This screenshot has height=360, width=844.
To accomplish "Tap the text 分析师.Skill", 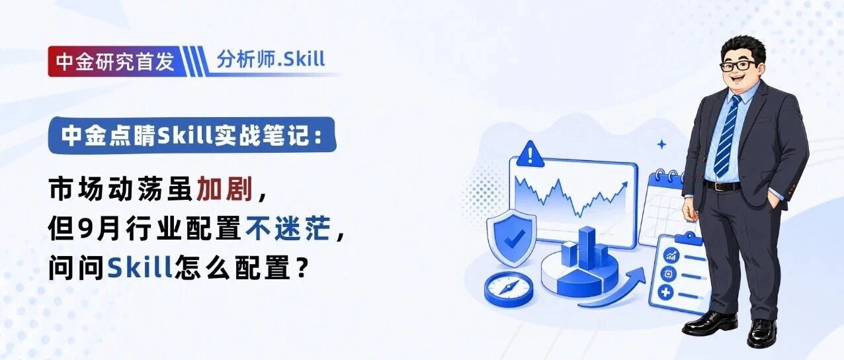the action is point(271,59).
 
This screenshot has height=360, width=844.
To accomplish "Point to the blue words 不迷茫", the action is point(288,228).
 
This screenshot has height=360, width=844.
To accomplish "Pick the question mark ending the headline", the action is point(300,267).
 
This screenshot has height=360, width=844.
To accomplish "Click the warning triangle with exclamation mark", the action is point(530,155).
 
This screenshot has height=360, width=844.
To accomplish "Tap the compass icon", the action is point(508,289).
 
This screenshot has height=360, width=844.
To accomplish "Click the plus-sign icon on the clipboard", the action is point(665,292).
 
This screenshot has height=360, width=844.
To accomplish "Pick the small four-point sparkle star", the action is point(661,145).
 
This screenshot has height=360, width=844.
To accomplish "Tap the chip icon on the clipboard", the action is point(669,274).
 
